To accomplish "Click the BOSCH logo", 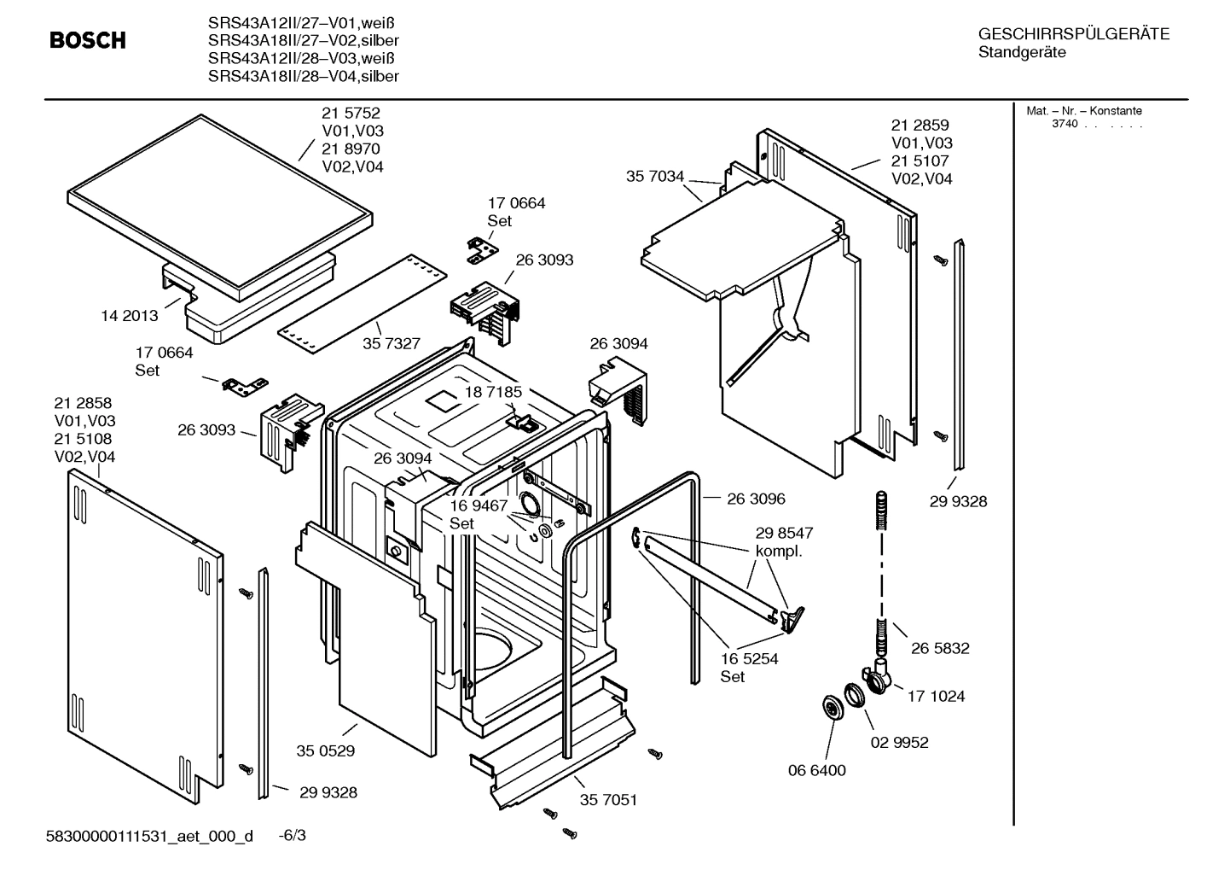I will coord(87,40).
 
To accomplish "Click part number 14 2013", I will coord(129,316).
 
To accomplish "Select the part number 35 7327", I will coord(391,343).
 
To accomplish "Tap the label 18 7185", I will coord(492,392).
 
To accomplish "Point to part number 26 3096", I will coord(756,499).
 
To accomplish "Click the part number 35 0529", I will coord(325,751).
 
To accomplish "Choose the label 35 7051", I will coord(608,800).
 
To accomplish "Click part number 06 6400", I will coord(816,770).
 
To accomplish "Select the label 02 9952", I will coord(899,742).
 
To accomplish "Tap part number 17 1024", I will coord(936,696).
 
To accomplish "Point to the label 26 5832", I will coord(940,648).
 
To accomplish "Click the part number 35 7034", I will coord(654,177).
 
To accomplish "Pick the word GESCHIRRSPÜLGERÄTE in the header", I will coord(1073,34).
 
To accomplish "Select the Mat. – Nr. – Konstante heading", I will coord(1083,111).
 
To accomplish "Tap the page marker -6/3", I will coord(292,835).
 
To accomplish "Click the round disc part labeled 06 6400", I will coord(828,707).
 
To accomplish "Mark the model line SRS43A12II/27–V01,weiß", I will coord(290,23).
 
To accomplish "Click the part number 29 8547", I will coord(783,533).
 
